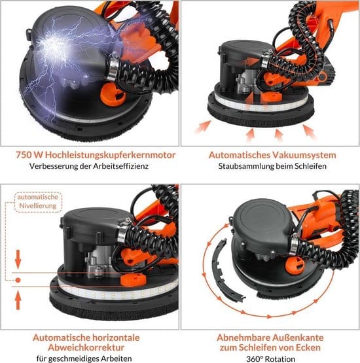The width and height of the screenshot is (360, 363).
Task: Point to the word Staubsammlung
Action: (x=247, y=167)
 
